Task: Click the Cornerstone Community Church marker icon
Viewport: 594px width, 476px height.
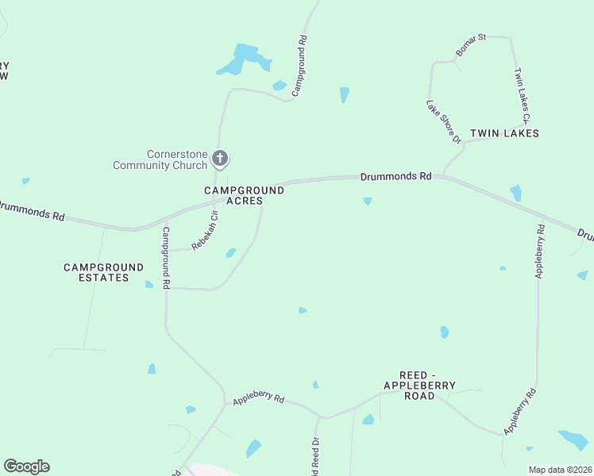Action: click(221, 159)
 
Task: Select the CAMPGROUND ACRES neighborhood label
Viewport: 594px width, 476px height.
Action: click(244, 195)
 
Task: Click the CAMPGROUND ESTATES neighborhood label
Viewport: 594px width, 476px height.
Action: click(103, 273)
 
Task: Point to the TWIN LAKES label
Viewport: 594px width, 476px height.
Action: click(504, 133)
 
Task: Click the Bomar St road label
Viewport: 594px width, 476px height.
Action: click(470, 45)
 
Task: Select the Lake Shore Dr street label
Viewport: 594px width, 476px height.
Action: click(443, 121)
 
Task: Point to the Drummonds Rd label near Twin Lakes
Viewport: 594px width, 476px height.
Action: click(395, 176)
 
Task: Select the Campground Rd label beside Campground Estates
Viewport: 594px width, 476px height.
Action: click(167, 259)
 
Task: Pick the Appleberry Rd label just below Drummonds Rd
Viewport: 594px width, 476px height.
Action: click(540, 250)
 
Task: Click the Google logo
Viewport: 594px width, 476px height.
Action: click(26, 466)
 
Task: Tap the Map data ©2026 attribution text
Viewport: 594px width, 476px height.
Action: click(560, 470)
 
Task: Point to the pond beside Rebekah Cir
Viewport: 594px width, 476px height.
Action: click(230, 253)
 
